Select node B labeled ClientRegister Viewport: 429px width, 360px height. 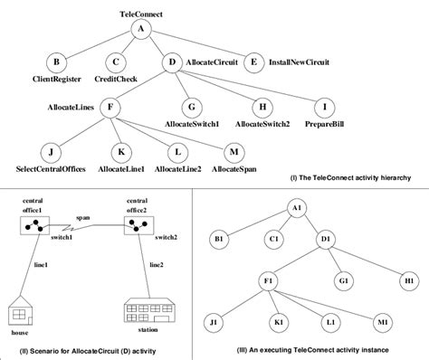(57, 63)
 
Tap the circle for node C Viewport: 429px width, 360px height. (116, 63)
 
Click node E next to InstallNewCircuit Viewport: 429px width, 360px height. (255, 63)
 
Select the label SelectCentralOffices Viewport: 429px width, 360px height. (56, 169)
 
